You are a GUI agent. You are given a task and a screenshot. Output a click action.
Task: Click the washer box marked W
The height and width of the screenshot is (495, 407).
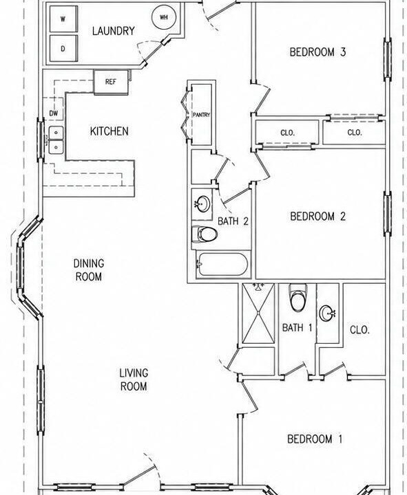pyautogui.click(x=63, y=19)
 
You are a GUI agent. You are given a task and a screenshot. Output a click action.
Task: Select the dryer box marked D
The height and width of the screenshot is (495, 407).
pyautogui.click(x=63, y=48)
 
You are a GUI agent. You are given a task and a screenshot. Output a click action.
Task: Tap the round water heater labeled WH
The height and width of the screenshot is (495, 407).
pyautogui.click(x=164, y=17)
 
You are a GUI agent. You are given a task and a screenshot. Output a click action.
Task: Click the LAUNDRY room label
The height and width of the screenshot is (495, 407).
pyautogui.click(x=114, y=31)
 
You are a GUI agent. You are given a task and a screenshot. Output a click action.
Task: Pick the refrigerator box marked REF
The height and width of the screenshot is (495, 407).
pyautogui.click(x=111, y=82)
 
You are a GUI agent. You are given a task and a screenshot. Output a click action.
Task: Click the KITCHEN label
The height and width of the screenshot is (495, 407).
pyautogui.click(x=109, y=131)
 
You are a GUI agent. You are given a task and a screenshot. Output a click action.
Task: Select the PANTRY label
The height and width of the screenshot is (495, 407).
pyautogui.click(x=202, y=115)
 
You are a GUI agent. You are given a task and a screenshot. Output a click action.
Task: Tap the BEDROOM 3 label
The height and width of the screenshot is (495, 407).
pyautogui.click(x=318, y=52)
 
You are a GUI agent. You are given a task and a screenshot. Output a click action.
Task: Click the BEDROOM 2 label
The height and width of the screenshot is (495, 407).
pyautogui.click(x=318, y=217)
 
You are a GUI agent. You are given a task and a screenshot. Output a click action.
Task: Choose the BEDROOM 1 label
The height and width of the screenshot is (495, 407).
pyautogui.click(x=315, y=439)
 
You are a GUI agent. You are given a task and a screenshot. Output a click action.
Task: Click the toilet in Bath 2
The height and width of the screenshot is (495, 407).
pyautogui.click(x=205, y=234)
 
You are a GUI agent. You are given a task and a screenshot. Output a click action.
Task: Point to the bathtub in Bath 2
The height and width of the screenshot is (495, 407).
pyautogui.click(x=222, y=264)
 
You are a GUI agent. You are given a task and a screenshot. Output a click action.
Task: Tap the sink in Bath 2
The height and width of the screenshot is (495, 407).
pyautogui.click(x=202, y=204)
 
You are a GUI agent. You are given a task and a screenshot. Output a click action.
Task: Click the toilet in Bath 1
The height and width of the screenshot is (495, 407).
pyautogui.click(x=298, y=297)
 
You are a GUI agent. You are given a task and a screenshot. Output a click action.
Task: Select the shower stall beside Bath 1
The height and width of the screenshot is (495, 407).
pyautogui.click(x=258, y=313)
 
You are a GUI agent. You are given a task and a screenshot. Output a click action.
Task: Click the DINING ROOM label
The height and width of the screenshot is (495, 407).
pyautogui.click(x=89, y=270)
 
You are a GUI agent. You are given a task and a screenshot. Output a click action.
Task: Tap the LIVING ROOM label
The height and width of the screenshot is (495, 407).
pyautogui.click(x=134, y=379)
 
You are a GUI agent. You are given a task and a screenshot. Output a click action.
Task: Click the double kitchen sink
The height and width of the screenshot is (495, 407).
pyautogui.click(x=56, y=140)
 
